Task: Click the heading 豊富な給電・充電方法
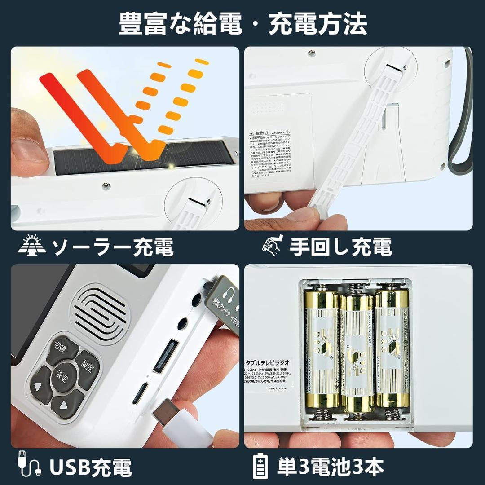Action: [x=242, y=23]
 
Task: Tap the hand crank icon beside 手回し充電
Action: [x=272, y=245]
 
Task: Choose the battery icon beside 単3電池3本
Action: [x=260, y=467]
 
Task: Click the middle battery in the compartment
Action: [x=357, y=353]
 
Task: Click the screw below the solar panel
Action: [x=105, y=185]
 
